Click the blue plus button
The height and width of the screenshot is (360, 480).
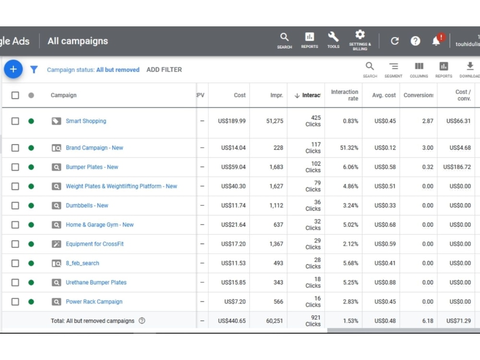pos(13,69)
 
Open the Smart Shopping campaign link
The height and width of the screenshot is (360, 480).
pos(86,121)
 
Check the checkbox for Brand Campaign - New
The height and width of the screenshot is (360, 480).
pos(15,148)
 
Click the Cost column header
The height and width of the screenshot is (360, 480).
pos(240,95)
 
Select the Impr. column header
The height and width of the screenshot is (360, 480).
pos(277,95)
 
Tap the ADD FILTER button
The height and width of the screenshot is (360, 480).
pos(164,70)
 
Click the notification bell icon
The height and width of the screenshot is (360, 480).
pos(436,41)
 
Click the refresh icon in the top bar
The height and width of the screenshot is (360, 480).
pos(395,41)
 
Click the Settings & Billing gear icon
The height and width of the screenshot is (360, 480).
pos(360,34)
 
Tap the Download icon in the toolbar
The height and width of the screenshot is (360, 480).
pos(470,66)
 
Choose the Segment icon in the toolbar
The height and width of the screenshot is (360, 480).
pos(394,66)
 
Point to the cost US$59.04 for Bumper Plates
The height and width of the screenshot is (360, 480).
pos(233,167)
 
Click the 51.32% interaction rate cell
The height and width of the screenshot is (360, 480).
pos(349,148)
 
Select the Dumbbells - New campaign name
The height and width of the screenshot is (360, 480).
pos(87,205)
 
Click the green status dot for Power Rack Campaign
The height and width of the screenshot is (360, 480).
pos(31,302)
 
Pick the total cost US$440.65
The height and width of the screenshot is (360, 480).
pos(232,321)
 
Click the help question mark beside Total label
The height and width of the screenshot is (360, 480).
pos(142,321)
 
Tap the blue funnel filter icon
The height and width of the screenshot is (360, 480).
pos(34,70)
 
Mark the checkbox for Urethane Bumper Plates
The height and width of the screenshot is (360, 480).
pos(15,283)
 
